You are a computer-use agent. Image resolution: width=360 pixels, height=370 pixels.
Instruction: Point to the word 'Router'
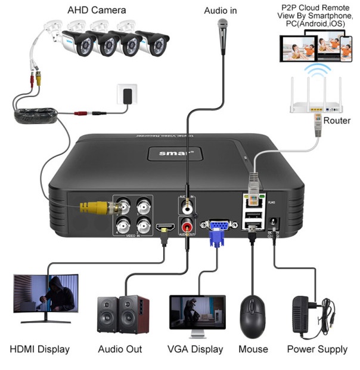coord(337,121)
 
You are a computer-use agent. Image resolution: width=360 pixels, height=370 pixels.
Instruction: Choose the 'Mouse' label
coord(253,349)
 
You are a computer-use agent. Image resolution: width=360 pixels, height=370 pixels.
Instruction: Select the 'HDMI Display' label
coord(40,349)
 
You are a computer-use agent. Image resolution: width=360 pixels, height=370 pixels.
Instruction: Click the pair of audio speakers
coord(123,313)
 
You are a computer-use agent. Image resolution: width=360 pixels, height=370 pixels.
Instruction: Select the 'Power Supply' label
coord(316,349)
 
